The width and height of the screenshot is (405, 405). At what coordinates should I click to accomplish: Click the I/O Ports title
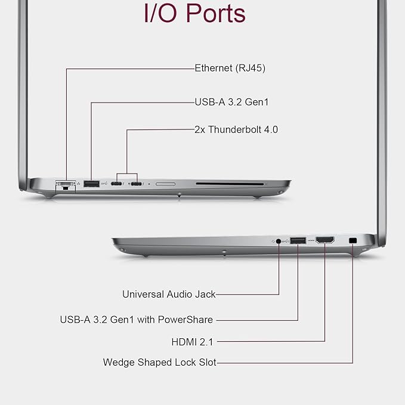click(x=194, y=14)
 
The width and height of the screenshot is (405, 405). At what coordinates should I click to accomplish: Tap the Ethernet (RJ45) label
click(x=230, y=68)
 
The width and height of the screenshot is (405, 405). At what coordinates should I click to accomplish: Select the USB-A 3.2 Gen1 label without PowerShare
click(x=231, y=102)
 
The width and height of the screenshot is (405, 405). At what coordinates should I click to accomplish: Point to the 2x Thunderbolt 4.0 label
click(x=236, y=129)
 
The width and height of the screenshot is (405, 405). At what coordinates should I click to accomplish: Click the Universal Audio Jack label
click(x=169, y=294)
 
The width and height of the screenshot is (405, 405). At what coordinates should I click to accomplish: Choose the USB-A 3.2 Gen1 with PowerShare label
click(x=137, y=320)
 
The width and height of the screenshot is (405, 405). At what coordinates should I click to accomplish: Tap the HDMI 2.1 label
click(x=193, y=342)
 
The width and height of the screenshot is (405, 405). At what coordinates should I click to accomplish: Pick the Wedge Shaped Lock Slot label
click(x=160, y=362)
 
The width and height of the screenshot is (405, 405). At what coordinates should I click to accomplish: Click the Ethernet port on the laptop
click(x=66, y=185)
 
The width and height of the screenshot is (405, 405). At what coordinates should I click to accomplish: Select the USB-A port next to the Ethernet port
click(x=91, y=184)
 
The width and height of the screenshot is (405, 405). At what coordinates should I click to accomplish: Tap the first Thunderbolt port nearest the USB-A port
click(x=116, y=184)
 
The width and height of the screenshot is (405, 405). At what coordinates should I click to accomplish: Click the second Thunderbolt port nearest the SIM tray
click(x=136, y=184)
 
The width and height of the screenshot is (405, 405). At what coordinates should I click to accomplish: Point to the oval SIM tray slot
click(x=166, y=184)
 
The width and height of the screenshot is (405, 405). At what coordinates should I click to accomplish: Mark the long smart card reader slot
click(x=230, y=184)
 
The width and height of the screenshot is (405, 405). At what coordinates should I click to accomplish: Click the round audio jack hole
click(x=279, y=241)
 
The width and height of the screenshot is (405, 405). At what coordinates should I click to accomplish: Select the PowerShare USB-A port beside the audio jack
click(x=298, y=240)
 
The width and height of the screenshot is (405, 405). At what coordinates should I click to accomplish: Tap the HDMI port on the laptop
click(x=325, y=240)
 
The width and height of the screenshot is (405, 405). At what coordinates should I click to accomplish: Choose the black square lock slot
click(x=353, y=240)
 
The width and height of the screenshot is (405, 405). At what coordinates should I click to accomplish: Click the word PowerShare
click(x=186, y=320)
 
